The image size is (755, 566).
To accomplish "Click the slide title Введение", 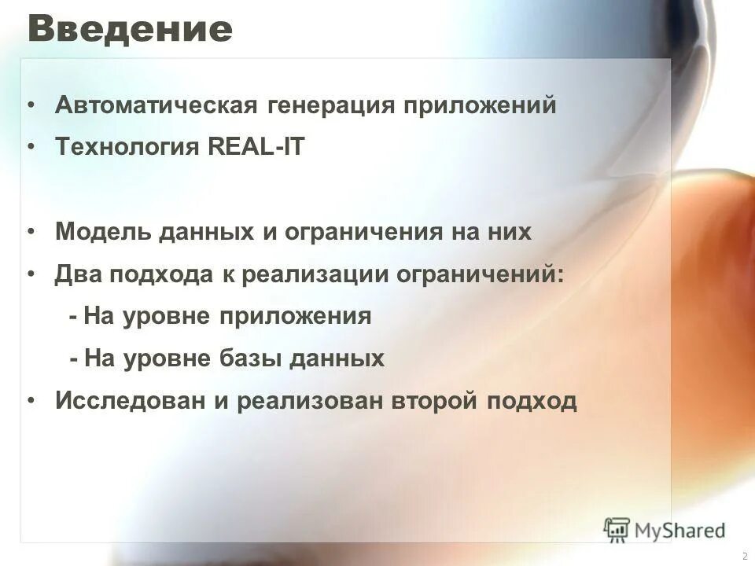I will click(x=130, y=30).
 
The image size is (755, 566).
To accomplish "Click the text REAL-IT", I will click(x=256, y=148).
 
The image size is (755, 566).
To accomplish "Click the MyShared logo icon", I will click(x=617, y=528).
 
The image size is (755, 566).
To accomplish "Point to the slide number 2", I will click(x=744, y=555).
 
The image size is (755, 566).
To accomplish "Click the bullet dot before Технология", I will click(x=31, y=148).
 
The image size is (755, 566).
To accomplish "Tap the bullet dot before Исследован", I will click(x=31, y=401).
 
